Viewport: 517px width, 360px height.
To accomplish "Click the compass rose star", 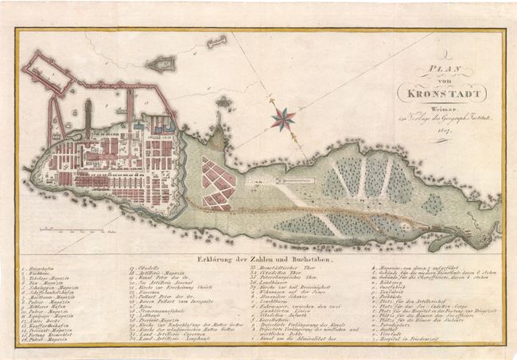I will coord(284,119).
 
